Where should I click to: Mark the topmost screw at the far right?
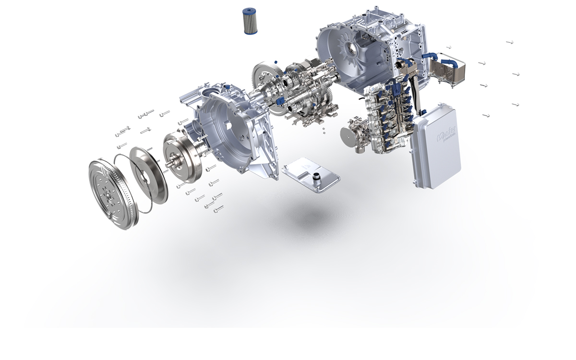click(510, 42)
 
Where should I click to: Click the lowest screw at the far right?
click(486, 116)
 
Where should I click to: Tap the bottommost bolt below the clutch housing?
click(218, 209)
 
